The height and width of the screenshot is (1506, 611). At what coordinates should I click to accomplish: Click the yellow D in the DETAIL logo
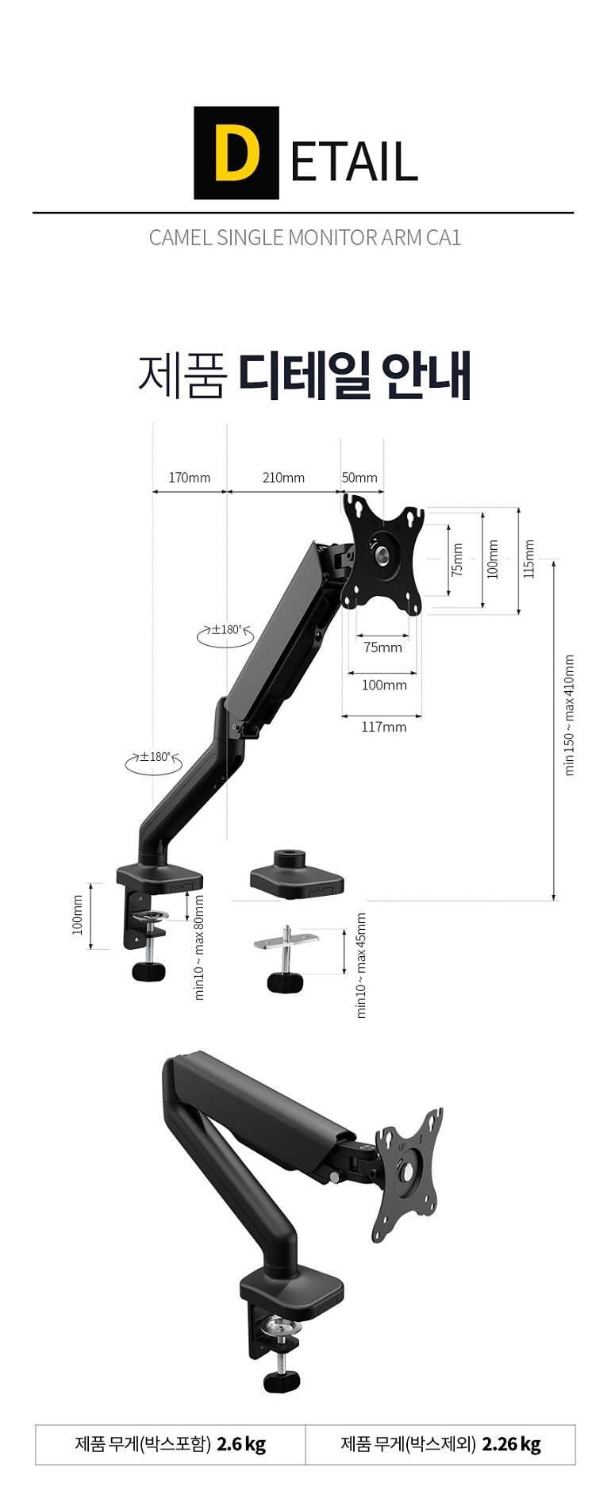coord(236,153)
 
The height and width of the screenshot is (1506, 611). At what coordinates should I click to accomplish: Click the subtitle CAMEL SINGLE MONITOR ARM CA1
coord(305,237)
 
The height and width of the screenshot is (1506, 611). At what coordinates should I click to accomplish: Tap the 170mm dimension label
coord(190,477)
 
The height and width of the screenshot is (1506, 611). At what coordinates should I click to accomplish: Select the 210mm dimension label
coord(283,477)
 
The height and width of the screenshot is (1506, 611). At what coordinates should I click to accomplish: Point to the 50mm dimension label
coord(359,477)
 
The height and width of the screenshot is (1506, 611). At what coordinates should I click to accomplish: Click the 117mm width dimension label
coord(384,726)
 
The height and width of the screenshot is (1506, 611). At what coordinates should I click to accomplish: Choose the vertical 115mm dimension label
coord(529,559)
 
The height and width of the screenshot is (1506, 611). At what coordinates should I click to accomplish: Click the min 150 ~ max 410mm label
coord(569,715)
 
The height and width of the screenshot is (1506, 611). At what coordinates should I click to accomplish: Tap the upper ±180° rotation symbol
coord(225,632)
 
